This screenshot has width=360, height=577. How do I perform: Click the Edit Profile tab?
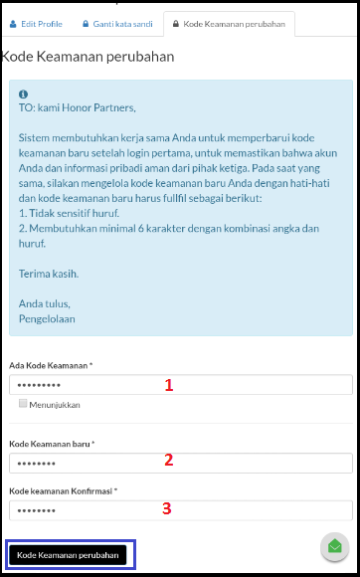(x=36, y=24)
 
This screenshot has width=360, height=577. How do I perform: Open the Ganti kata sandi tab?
(x=117, y=24)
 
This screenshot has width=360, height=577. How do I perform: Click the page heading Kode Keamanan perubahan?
(x=89, y=57)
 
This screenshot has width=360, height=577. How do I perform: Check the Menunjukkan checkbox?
(x=23, y=405)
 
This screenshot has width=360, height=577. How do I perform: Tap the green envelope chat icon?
(x=334, y=547)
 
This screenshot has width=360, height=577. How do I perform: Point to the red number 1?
(x=168, y=385)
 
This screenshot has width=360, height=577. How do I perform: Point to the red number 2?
(x=168, y=460)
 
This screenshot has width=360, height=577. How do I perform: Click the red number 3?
(x=167, y=508)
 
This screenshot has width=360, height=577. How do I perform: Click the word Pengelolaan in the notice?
(x=47, y=319)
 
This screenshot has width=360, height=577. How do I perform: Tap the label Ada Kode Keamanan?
(x=50, y=366)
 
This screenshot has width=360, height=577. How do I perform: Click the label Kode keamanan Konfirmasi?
(x=63, y=490)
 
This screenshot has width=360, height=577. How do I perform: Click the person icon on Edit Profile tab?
(x=14, y=24)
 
